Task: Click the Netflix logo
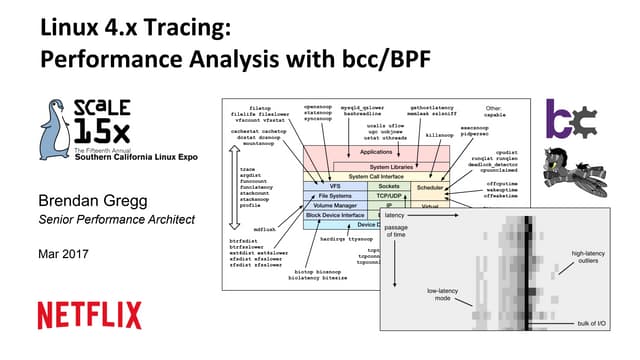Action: coord(89,315)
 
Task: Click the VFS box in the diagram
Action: coord(333,187)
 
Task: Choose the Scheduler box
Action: coord(430,187)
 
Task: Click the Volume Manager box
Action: coord(334,206)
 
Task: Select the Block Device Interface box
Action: coord(336,216)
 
